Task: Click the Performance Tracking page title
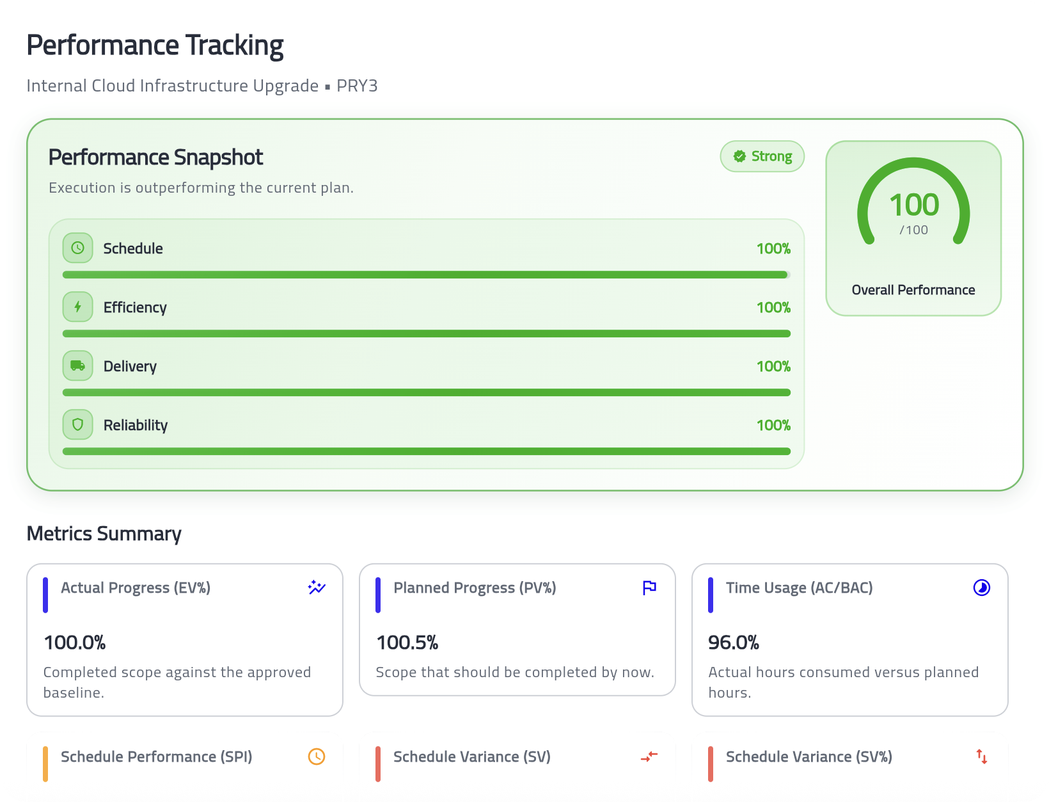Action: coord(155,45)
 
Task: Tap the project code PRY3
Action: coord(357,86)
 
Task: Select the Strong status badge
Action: coord(762,156)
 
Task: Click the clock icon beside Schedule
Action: coord(78,248)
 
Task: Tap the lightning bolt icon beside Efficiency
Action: coord(78,307)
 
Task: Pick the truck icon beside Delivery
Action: coord(78,365)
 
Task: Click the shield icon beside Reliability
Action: coord(78,424)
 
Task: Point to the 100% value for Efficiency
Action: coord(773,307)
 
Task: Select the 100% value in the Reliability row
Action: coord(773,425)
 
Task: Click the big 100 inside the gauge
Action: coord(913,205)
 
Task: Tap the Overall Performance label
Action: coord(913,290)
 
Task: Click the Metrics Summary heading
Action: coord(104,533)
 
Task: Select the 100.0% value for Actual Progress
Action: coord(75,642)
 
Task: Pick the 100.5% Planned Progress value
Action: coord(407,642)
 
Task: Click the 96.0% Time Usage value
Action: coord(734,642)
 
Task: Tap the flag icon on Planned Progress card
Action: coord(649,588)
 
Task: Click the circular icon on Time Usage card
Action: coord(982,588)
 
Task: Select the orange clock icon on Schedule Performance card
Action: coord(317,757)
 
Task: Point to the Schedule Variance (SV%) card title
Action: coord(809,757)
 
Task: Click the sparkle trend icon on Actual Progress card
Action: coord(317,588)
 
